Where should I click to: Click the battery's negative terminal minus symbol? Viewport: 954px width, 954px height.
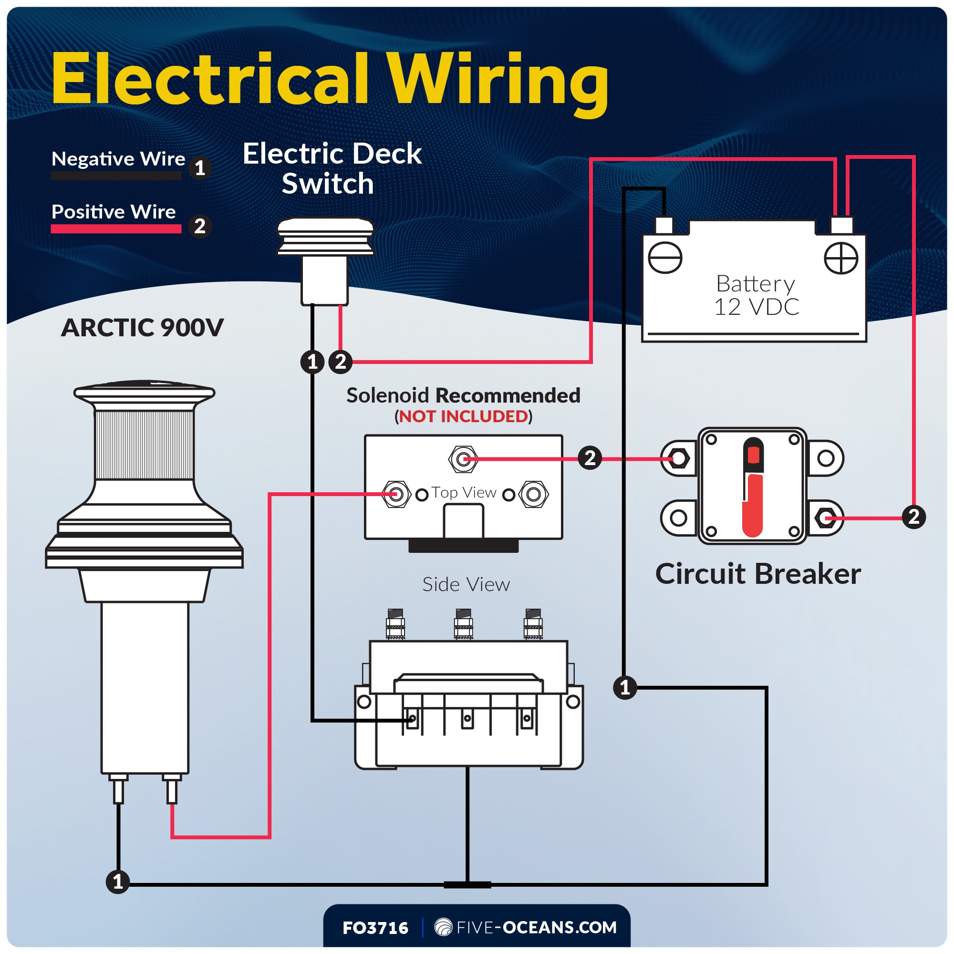tap(664, 258)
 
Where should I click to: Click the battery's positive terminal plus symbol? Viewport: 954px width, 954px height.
tap(841, 258)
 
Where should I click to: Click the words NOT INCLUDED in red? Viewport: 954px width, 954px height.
tap(463, 416)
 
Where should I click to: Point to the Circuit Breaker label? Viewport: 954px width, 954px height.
tap(757, 574)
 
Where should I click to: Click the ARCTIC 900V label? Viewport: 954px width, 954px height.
tap(142, 327)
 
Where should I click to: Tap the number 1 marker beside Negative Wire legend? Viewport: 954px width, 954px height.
tap(199, 168)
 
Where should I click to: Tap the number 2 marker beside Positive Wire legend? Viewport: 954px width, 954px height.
tap(199, 227)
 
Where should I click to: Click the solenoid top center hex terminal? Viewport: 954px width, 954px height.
tap(463, 459)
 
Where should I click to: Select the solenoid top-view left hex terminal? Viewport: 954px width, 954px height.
tap(395, 494)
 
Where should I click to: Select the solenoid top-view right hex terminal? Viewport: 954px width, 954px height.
tap(534, 494)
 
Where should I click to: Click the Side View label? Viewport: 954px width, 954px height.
tap(466, 584)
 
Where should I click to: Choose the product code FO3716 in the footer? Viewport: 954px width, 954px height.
tap(375, 928)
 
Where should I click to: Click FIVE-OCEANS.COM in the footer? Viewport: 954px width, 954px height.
tap(536, 927)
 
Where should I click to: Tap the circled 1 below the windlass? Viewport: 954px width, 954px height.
tap(117, 881)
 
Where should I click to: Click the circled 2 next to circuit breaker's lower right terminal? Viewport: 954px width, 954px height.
tap(913, 517)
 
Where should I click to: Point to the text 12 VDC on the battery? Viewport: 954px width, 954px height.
tap(756, 307)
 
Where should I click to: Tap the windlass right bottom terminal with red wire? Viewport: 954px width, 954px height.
tap(171, 790)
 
